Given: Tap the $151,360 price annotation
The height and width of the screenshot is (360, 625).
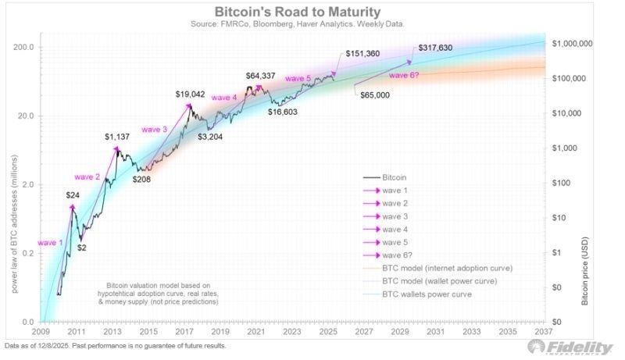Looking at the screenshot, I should [x=363, y=54].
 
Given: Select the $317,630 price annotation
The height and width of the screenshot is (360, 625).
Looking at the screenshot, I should [x=441, y=48].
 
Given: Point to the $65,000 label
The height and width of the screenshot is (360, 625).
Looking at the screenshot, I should [x=376, y=94].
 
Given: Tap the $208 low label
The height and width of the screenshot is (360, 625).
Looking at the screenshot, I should [x=141, y=179].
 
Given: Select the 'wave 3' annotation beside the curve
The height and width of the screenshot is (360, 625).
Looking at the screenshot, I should [x=155, y=129].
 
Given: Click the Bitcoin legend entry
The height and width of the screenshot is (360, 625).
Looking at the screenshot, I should [x=395, y=178].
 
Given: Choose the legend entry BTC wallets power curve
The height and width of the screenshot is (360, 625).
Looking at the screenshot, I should [x=428, y=294].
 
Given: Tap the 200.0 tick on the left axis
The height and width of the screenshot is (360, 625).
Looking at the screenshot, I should [x=23, y=47].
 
